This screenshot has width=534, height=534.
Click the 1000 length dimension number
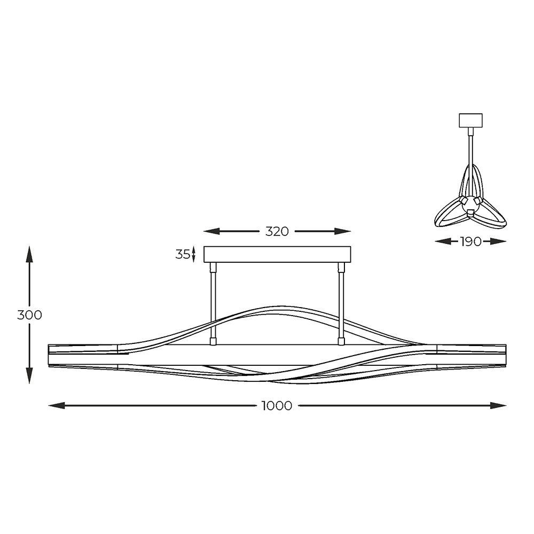[x=277, y=406]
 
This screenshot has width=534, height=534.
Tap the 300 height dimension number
[x=29, y=315]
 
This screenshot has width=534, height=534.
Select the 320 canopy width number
[x=277, y=232]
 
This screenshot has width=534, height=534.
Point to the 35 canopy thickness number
[x=183, y=254]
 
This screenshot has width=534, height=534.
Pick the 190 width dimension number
[x=470, y=241]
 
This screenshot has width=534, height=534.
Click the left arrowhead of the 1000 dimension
[x=57, y=405]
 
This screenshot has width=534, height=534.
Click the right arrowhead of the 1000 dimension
[x=498, y=405]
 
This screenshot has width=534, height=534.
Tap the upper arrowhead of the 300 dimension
[x=29, y=254]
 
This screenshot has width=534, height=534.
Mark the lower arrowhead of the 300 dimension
[x=29, y=375]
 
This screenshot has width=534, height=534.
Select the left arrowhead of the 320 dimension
[x=211, y=232]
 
